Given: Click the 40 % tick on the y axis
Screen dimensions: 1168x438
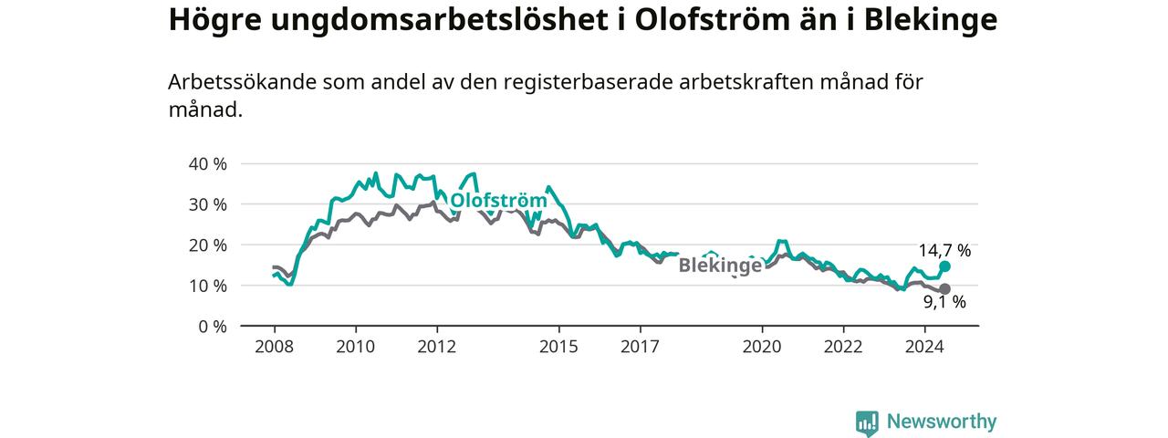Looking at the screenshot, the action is point(207,164).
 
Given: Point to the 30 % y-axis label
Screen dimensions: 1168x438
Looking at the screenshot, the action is point(207,205).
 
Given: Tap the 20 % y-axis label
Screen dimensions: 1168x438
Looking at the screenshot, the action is point(207,245).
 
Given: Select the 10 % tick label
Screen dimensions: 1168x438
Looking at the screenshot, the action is point(207,287).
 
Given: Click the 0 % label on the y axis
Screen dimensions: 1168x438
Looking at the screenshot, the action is point(213,327).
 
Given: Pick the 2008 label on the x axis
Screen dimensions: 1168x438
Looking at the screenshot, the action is point(275,347).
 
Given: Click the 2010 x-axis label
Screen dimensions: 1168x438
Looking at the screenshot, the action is point(356,347).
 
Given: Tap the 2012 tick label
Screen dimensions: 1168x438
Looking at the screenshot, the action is point(437,347).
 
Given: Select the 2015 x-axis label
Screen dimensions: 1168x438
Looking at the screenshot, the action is point(559,347).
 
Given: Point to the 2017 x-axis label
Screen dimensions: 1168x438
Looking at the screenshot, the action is point(640,347).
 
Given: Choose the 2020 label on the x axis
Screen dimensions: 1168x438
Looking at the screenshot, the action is point(762,347).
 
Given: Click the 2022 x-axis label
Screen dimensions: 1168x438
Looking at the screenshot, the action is point(843,347).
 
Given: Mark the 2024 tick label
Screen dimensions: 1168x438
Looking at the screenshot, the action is point(924,347).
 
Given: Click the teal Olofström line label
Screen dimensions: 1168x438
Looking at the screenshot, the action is point(498,201).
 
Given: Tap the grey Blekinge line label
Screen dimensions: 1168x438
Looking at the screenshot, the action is point(720,266).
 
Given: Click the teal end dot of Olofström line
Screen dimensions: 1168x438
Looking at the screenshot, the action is point(944,266).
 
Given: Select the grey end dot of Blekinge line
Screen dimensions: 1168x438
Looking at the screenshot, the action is point(944,289).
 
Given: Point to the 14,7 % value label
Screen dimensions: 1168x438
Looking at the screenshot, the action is point(944,251).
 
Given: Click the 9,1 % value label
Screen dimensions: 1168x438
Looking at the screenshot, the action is point(944,302).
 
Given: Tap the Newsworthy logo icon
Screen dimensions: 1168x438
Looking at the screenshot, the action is point(867,422).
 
